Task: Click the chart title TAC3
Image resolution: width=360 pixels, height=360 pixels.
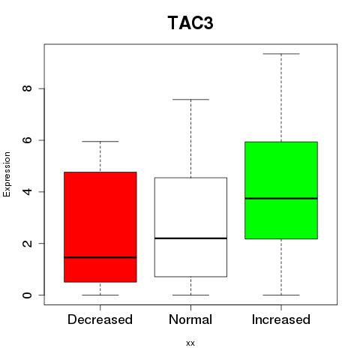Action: [x=190, y=23]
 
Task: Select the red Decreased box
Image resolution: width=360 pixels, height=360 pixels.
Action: [x=100, y=227]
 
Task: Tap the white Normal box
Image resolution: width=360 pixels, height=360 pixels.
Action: [x=190, y=227]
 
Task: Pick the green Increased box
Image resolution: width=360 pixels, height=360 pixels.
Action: [x=281, y=190]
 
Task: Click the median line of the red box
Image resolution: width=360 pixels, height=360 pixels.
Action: [x=100, y=257]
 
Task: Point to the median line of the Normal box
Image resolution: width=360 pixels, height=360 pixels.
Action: [x=190, y=238]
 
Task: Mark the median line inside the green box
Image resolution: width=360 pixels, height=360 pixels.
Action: [x=281, y=198]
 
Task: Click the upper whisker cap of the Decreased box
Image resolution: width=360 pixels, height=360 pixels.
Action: [x=100, y=142]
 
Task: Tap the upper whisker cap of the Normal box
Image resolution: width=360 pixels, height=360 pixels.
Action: [x=190, y=100]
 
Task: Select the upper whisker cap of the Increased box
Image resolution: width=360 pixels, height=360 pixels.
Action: [x=281, y=54]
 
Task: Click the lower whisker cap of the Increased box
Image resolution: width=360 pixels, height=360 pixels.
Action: [x=281, y=295]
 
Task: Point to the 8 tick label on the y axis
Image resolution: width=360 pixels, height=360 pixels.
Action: [x=27, y=88]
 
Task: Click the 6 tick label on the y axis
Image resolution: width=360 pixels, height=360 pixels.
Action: [x=27, y=140]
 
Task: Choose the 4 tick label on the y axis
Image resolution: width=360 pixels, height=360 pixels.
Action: [x=27, y=192]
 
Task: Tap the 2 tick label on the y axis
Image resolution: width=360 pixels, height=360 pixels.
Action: [x=27, y=243]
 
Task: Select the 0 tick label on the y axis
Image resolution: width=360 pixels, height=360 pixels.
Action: [x=27, y=295]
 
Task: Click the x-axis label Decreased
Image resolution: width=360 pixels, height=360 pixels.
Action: [x=100, y=319]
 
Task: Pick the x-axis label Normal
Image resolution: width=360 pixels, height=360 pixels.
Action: [x=190, y=319]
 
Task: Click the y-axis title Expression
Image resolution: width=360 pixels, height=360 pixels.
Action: [x=7, y=174]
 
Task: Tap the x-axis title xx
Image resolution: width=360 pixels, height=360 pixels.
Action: [x=190, y=343]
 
